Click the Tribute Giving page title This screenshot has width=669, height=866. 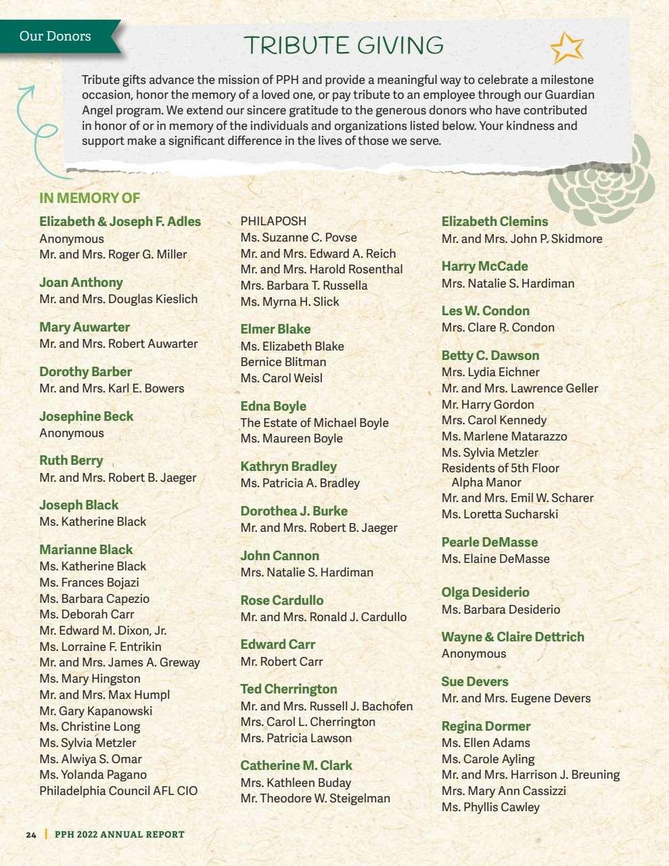point(343,45)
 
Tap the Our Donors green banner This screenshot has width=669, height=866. point(55,36)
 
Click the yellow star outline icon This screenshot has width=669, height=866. point(567,47)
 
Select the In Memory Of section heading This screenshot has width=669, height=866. point(89,198)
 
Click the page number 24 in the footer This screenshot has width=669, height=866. point(31,835)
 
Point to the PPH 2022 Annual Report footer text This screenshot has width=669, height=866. point(119,834)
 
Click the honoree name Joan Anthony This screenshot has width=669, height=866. point(81,282)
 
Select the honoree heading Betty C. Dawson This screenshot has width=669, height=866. point(490,355)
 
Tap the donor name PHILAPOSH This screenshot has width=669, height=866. point(273,221)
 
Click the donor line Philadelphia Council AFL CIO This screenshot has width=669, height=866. point(118,791)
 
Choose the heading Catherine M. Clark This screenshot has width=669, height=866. point(296,765)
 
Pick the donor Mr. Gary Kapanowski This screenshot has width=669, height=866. point(95,710)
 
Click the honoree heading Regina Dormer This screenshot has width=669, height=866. point(486,726)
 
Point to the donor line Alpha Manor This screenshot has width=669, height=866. point(486,482)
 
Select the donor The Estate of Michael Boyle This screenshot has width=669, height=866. point(315,423)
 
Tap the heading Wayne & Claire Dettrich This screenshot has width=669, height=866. point(513,637)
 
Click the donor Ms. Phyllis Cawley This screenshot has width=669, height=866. point(490,807)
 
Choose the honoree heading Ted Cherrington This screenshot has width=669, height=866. point(289,689)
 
